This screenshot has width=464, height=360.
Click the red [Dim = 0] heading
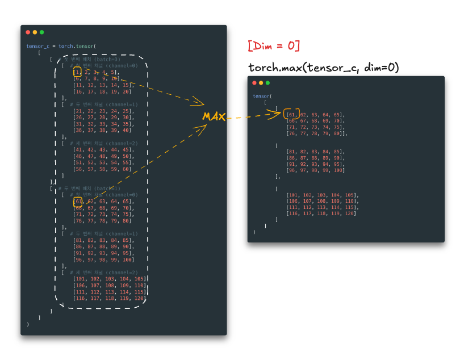[274, 45]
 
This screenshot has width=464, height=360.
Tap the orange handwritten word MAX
[214, 116]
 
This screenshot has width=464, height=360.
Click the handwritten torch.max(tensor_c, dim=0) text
[324, 68]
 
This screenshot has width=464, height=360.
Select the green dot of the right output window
[267, 83]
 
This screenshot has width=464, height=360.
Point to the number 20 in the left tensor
[127, 91]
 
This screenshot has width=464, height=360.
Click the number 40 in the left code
[127, 130]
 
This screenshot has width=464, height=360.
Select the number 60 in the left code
[127, 169]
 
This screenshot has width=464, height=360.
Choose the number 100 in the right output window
[338, 170]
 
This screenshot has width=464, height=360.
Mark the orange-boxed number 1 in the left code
[77, 72]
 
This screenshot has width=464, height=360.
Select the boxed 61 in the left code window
[78, 201]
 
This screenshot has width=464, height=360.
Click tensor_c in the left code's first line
[38, 47]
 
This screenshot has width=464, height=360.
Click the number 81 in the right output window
[292, 152]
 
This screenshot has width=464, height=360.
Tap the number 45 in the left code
[127, 150]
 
